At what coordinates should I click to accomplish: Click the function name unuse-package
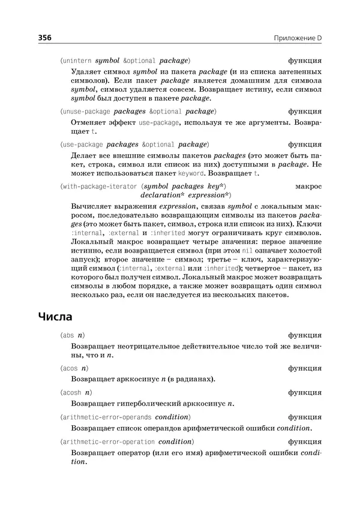click(86, 111)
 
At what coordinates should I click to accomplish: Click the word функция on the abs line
click(305, 334)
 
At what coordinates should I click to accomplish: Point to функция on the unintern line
click(305, 61)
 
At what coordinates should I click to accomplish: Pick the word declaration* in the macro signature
click(162, 195)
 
